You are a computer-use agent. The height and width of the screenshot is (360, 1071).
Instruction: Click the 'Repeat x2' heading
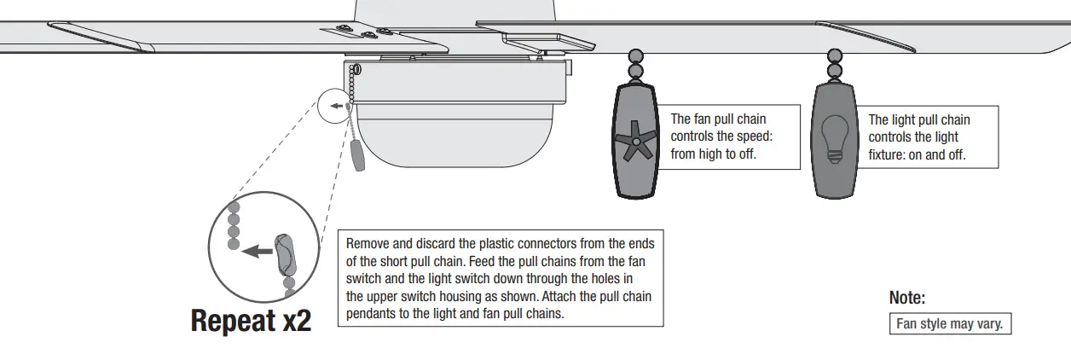coord(251,321)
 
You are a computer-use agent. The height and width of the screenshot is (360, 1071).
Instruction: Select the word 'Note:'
coord(907,298)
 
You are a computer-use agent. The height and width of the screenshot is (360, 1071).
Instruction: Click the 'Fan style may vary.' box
coord(949,324)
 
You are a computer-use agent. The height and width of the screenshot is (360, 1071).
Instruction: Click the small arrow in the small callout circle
coord(338,107)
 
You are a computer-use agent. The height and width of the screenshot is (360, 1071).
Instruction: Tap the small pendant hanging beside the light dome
coord(356,157)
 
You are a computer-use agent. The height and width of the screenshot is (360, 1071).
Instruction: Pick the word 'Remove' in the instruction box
coord(368,243)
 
